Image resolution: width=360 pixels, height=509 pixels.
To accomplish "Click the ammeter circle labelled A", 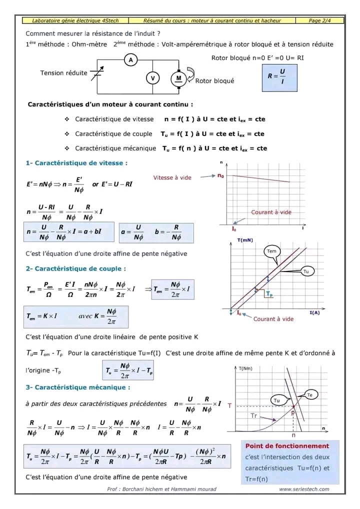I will point(131,60).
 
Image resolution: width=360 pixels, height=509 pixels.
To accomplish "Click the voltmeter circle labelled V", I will point(152,78).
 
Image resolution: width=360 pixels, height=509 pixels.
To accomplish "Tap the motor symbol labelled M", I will point(178,78).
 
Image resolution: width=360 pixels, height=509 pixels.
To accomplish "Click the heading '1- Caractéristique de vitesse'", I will point(76,163).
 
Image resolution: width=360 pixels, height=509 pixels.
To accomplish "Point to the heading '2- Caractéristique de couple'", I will point(75,268).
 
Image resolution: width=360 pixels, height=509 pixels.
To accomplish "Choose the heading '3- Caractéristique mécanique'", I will point(78,387).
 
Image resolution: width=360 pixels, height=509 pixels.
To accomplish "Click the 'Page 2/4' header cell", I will point(319,20).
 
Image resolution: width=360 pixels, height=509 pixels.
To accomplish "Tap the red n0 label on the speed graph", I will point(221,176).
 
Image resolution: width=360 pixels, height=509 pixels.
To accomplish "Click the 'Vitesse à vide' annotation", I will point(172,177).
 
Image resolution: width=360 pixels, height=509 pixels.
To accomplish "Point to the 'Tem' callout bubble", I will point(271,251).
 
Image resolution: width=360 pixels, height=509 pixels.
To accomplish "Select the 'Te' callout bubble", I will point(309,395).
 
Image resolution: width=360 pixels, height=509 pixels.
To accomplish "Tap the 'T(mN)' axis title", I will point(245,240).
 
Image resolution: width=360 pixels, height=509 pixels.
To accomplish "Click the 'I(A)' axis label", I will point(314,313).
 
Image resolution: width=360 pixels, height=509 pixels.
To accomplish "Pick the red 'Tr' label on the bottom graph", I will point(254,415).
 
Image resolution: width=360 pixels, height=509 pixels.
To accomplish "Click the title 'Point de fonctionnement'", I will point(287,445).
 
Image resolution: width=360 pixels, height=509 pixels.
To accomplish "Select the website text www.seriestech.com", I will point(304,489).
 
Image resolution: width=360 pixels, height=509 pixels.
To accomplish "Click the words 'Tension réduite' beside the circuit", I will point(63,73).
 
